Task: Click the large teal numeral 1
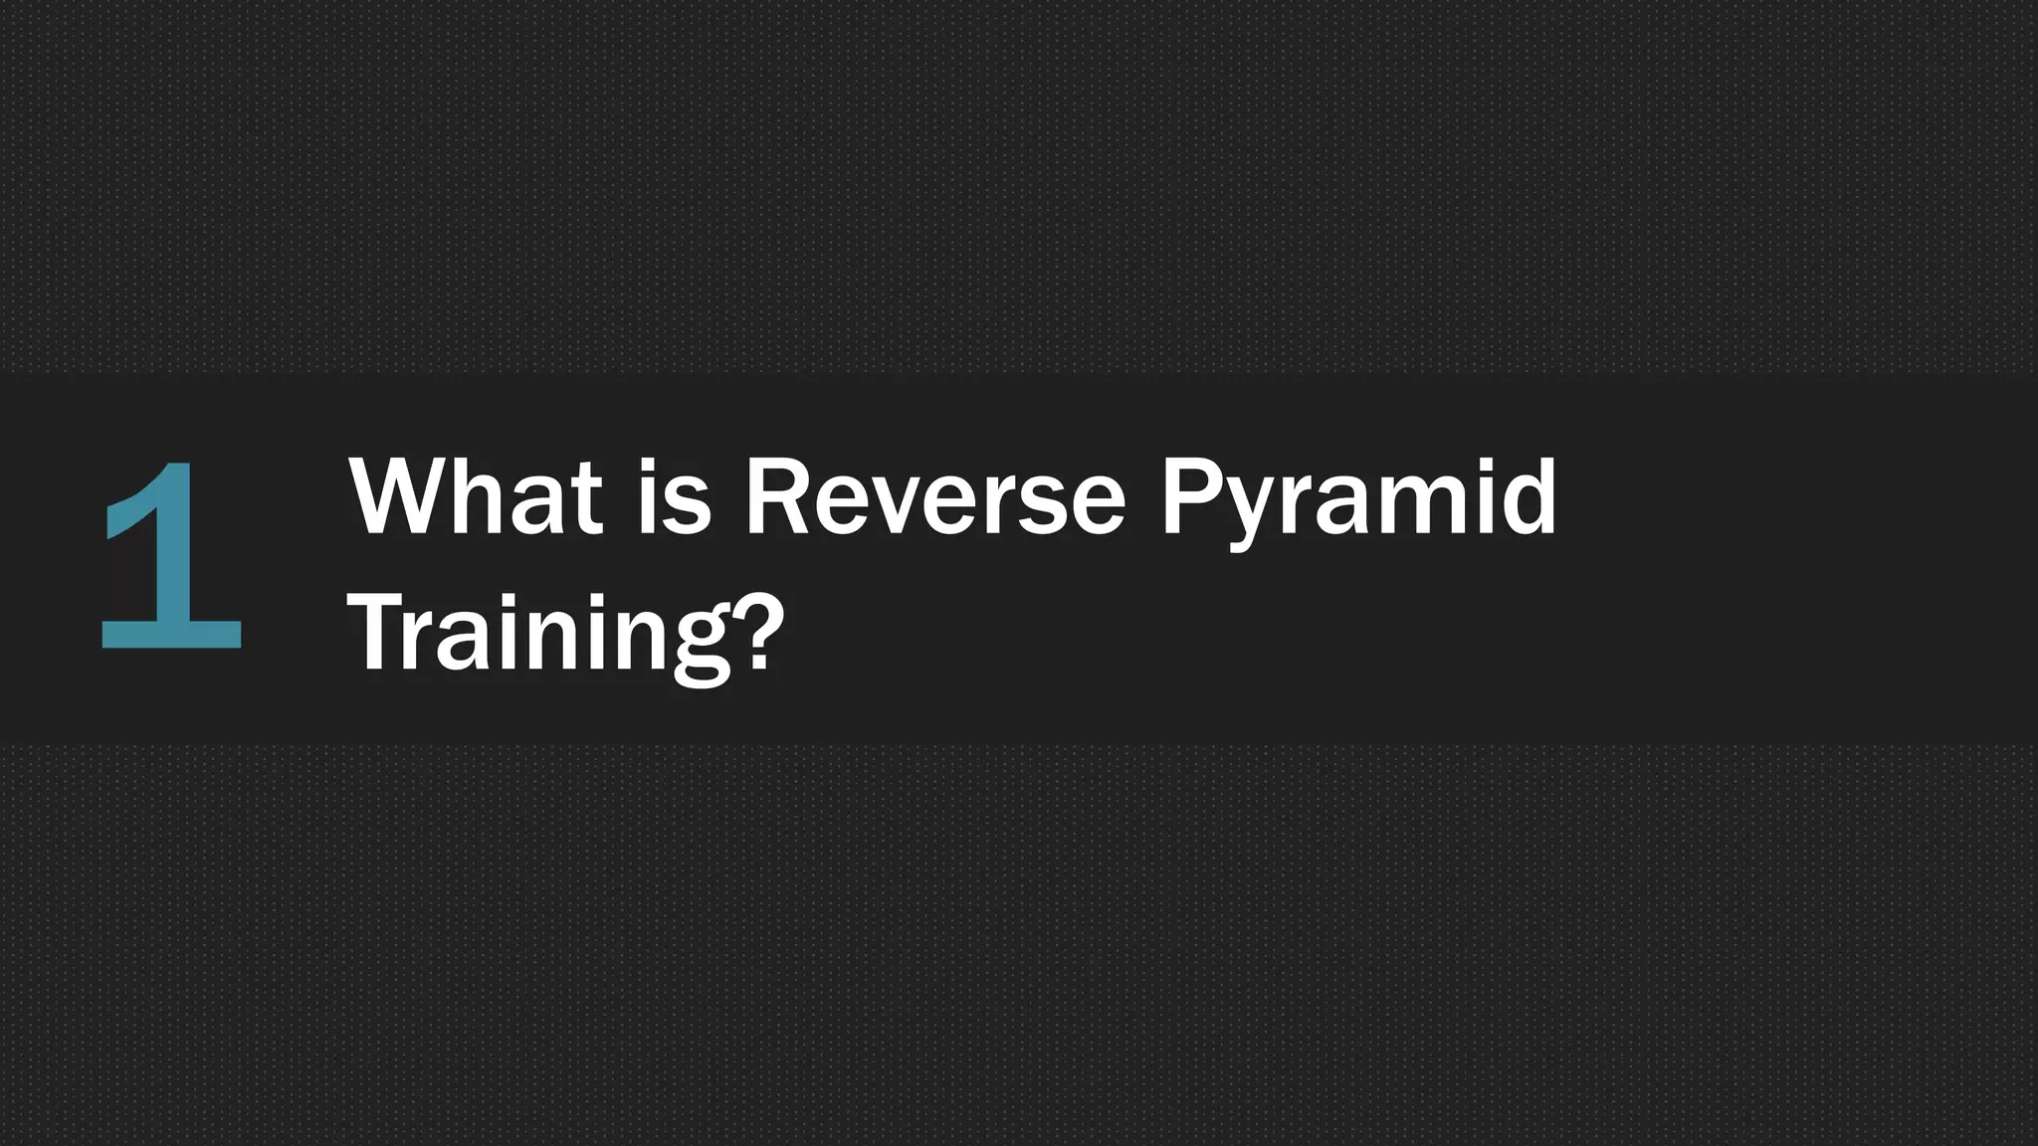[x=171, y=557]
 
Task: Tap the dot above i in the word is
[x=648, y=466]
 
